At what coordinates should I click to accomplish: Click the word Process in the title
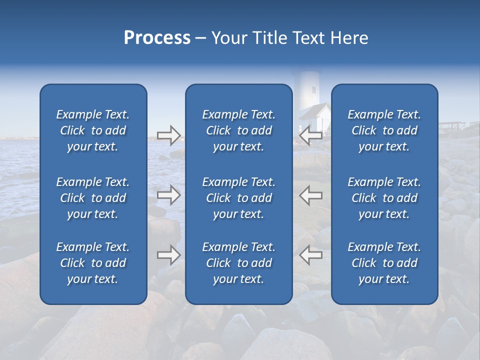point(157,38)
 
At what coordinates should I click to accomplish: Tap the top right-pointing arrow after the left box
point(168,135)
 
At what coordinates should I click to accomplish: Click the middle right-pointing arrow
point(168,195)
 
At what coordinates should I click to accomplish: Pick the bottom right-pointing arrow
point(168,255)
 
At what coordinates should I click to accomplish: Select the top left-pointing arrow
point(310,135)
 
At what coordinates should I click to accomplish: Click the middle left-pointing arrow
point(310,195)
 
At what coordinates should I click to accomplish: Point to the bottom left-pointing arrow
point(310,255)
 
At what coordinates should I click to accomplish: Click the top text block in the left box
point(93,130)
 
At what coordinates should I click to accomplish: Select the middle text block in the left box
point(93,198)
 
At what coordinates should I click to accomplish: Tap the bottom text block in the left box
point(93,263)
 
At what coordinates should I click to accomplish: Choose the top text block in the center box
point(238,130)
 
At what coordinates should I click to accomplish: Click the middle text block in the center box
point(238,198)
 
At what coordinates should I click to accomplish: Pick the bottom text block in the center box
point(238,263)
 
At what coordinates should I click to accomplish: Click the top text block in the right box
point(384,130)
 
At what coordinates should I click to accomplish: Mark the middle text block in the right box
point(384,198)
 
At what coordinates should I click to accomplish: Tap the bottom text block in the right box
point(384,263)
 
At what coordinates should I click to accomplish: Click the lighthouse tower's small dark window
point(313,90)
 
